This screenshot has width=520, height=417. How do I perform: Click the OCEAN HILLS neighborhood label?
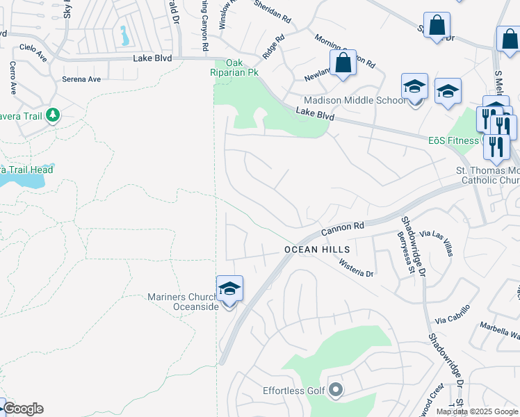tap(310, 249)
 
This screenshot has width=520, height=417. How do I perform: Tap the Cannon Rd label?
tap(343, 229)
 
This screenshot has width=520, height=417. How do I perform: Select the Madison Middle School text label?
tap(355, 100)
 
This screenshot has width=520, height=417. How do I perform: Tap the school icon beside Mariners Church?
tap(229, 288)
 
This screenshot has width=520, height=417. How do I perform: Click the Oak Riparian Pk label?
tap(234, 67)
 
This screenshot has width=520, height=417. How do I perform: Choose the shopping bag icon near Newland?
tap(343, 63)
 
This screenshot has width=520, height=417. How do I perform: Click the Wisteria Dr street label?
tap(357, 268)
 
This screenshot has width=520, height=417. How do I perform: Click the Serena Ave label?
tap(81, 79)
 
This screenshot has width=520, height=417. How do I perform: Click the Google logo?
tap(22, 409)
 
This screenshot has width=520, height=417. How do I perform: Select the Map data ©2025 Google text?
tap(477, 411)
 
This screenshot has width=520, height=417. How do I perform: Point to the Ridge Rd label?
tap(273, 48)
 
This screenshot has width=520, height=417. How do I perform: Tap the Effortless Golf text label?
tap(294, 391)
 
